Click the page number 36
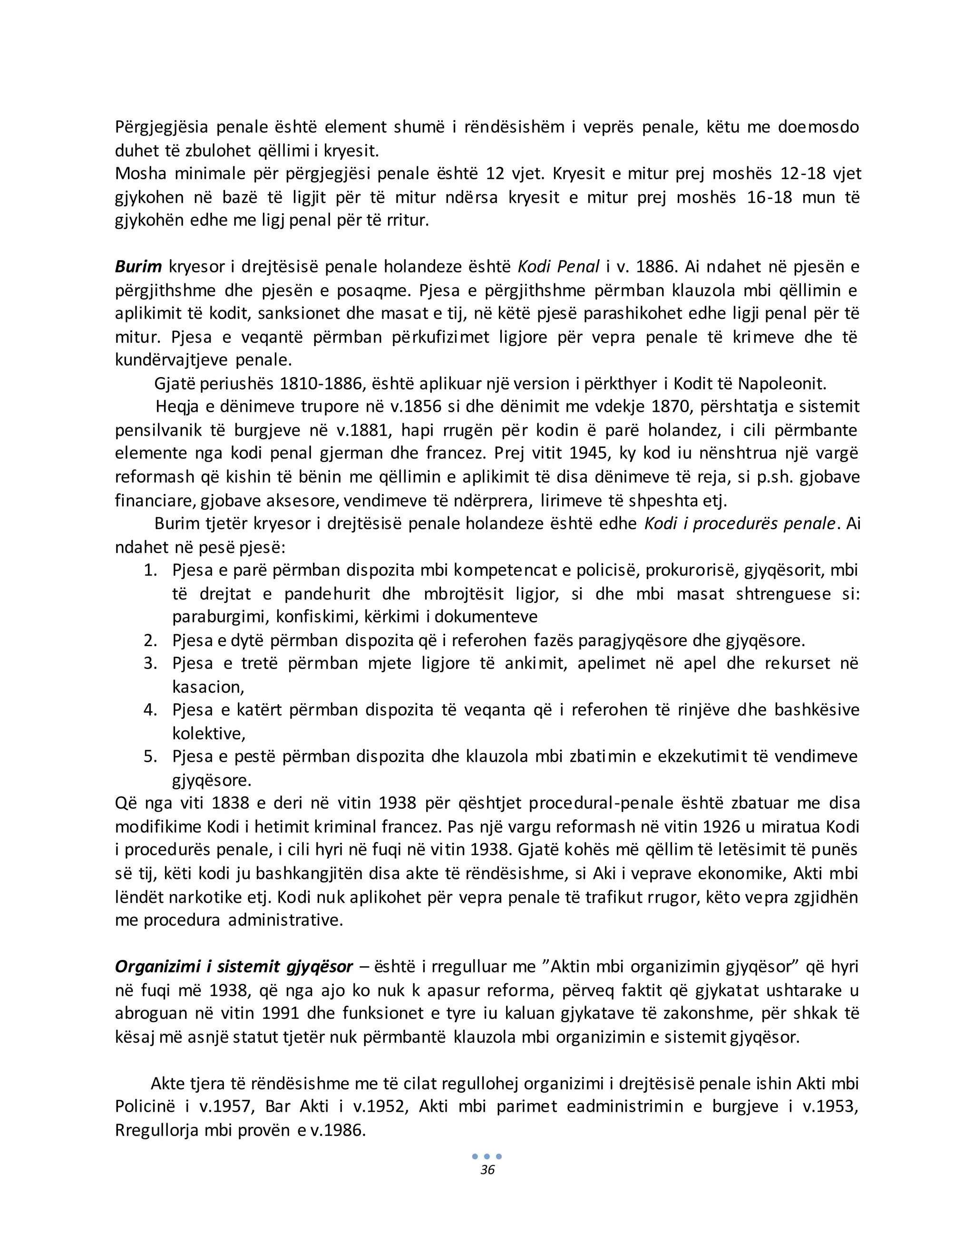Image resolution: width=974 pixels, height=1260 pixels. click(x=487, y=1170)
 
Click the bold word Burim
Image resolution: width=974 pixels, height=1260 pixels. click(x=138, y=267)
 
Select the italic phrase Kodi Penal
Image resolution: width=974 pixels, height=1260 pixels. click(x=558, y=267)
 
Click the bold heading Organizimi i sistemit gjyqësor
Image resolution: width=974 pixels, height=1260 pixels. click(x=234, y=967)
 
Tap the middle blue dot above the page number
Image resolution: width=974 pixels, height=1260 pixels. click(x=487, y=1156)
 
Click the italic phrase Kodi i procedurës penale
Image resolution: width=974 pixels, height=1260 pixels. click(x=740, y=524)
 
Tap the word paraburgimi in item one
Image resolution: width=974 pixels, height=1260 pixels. click(x=220, y=617)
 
